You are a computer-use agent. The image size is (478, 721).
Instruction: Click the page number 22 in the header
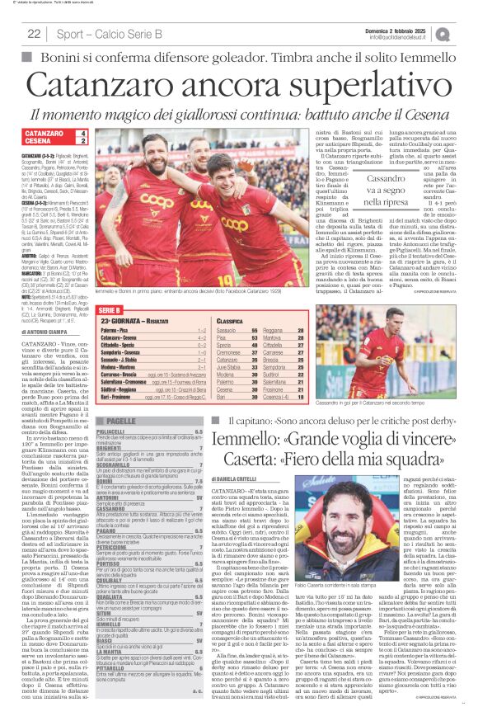34,33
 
